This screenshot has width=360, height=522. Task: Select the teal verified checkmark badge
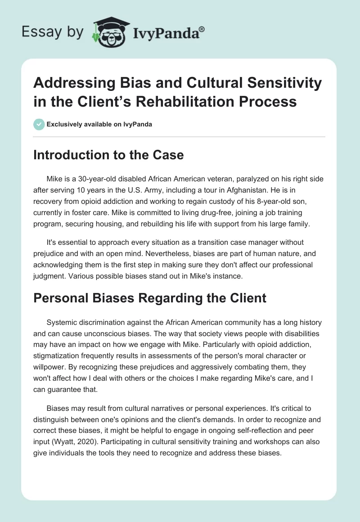39,124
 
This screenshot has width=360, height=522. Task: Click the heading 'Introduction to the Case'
108,155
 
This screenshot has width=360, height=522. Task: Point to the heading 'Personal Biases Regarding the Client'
150,298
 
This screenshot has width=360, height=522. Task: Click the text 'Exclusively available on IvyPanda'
99,124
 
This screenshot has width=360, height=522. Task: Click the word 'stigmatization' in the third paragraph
60,344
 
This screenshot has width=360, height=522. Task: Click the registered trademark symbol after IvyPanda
202,28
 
